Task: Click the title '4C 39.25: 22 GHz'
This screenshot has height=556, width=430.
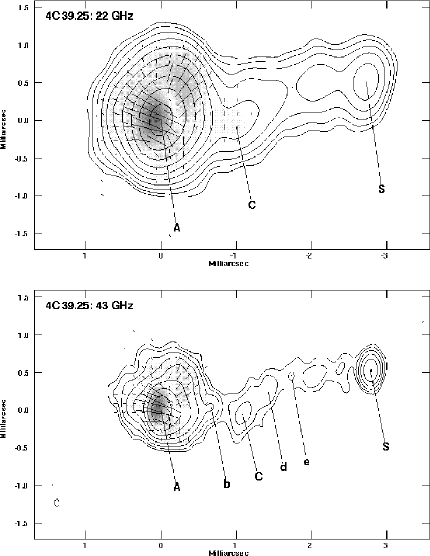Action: click(89, 16)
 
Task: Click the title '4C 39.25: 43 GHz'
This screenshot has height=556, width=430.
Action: click(89, 305)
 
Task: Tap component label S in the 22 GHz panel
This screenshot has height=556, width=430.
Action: click(381, 189)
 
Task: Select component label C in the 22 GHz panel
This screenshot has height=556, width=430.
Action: click(252, 205)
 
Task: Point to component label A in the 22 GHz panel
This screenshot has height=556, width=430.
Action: click(177, 227)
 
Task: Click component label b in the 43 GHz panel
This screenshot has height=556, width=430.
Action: click(227, 483)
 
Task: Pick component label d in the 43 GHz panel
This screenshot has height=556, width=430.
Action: click(283, 467)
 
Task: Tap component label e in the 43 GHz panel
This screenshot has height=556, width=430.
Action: click(307, 462)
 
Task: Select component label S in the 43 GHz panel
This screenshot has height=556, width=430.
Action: click(386, 447)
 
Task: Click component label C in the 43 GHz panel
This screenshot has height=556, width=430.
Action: click(259, 476)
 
